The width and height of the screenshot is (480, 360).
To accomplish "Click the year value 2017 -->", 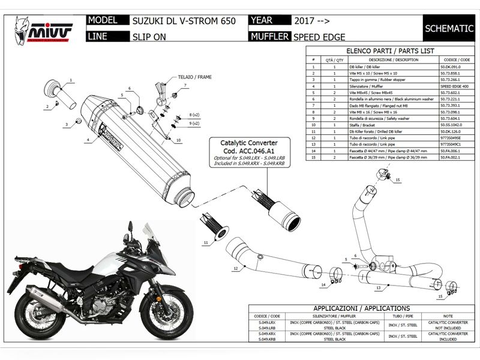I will pos(311,20).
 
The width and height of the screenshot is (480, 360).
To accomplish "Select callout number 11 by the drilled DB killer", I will pos(205,242).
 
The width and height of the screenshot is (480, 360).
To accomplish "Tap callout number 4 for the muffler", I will pos(88,140).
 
